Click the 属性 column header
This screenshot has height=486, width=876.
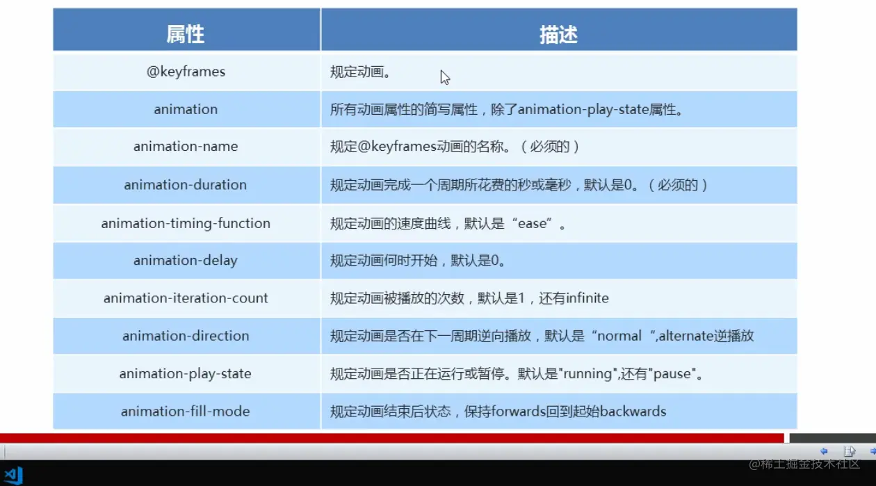point(186,34)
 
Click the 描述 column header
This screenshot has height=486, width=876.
point(558,34)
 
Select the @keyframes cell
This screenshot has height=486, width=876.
point(186,72)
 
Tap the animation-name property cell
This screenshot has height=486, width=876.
point(186,147)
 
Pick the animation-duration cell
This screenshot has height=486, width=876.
point(186,185)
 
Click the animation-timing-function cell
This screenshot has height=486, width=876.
point(186,223)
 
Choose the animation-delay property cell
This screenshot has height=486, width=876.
point(186,261)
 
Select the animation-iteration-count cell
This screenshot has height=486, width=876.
point(186,298)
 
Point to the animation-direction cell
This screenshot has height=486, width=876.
point(186,336)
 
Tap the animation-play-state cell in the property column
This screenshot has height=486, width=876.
point(186,374)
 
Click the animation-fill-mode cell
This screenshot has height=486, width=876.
point(186,412)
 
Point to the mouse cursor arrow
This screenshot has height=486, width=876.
point(444,76)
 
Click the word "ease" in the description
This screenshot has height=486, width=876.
point(533,224)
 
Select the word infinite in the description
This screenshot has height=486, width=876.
point(587,298)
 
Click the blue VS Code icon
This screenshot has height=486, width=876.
point(13,475)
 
